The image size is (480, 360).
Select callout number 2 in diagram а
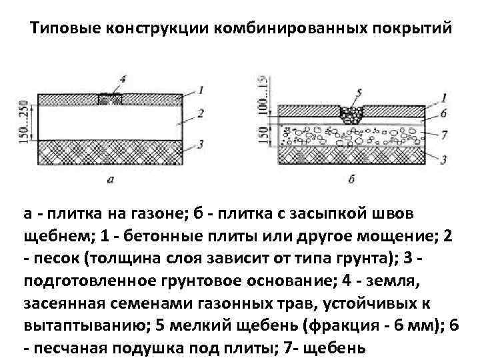tap(201, 113)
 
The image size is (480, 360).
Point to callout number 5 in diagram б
tap(359, 91)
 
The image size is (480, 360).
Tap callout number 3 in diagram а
tap(201, 144)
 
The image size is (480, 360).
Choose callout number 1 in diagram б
tap(445, 97)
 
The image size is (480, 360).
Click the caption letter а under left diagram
tap(110, 179)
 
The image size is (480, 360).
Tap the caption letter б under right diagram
tap(351, 179)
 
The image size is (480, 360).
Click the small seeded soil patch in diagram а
tap(110, 99)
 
